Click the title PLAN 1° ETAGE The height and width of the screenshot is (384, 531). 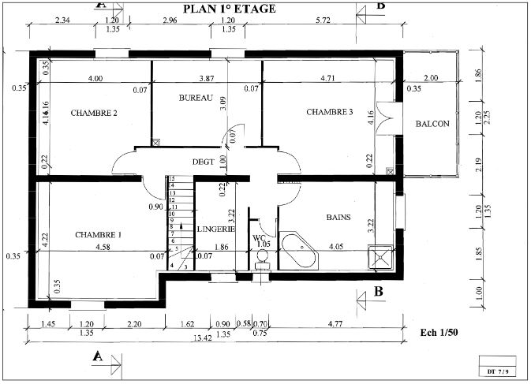(x=229, y=9)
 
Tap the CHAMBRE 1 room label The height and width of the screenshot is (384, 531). (x=99, y=235)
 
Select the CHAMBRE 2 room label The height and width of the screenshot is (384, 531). (x=94, y=114)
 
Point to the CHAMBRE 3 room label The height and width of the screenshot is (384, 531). (x=329, y=112)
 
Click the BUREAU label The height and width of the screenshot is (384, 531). (x=196, y=98)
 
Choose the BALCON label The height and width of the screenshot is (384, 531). (x=432, y=124)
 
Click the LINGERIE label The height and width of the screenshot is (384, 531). (x=216, y=229)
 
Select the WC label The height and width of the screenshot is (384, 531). (x=259, y=237)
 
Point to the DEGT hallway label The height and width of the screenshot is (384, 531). (x=204, y=162)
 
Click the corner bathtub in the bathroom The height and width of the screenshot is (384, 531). (x=300, y=252)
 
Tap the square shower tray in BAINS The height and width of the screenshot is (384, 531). (x=382, y=256)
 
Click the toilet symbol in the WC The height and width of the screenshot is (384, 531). (x=262, y=259)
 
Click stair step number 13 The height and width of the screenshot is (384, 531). (x=171, y=180)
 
